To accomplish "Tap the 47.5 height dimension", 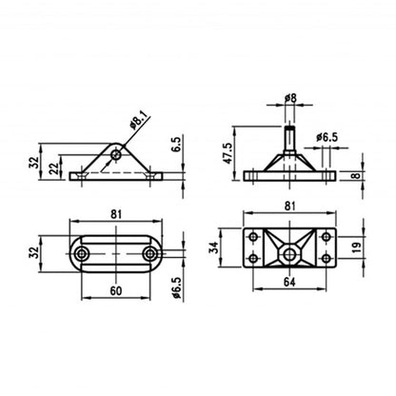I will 227,151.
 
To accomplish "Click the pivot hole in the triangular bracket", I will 116,153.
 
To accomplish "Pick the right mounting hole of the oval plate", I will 150,254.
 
